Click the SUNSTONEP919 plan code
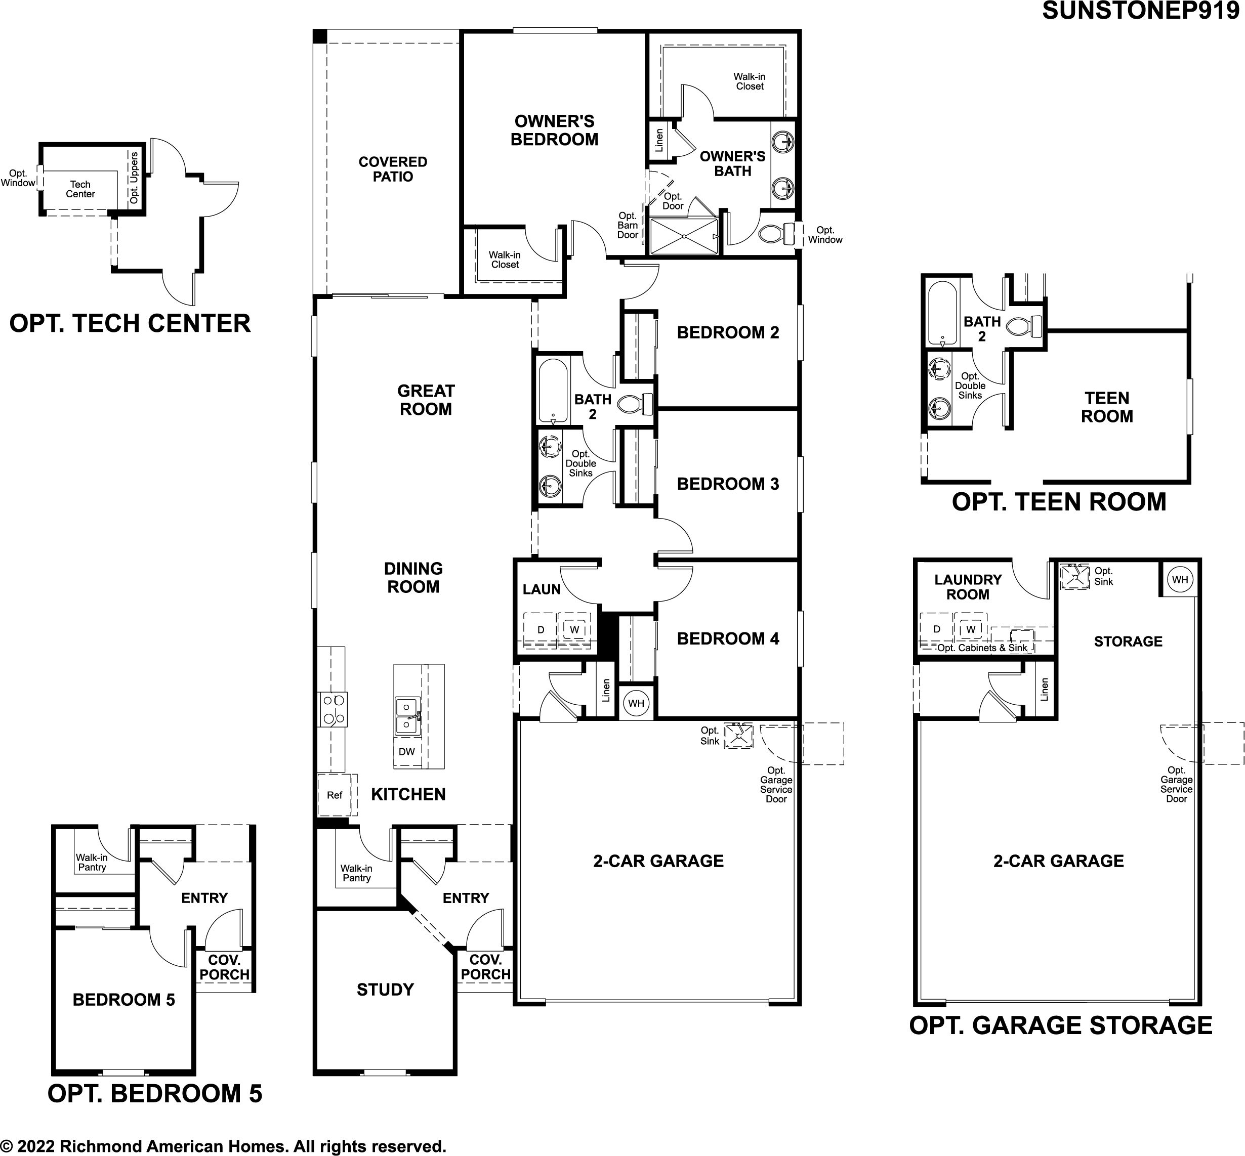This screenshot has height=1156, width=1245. point(1140,11)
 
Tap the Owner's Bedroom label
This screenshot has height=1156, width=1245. point(554,130)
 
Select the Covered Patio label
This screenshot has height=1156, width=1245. point(393,169)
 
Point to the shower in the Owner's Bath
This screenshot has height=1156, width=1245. point(684,236)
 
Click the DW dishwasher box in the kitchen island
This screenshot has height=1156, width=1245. point(407,751)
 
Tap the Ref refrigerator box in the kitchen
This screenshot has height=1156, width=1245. point(335,795)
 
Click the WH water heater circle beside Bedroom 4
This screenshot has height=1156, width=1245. point(636,703)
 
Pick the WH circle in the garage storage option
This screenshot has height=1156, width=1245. point(1180,579)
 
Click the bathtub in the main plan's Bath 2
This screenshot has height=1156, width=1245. point(553,391)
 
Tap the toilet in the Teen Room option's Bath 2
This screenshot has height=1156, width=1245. point(1025,325)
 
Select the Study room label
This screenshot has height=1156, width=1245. point(385,989)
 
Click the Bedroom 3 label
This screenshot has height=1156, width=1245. point(728,484)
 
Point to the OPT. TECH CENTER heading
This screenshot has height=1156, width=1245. point(130,323)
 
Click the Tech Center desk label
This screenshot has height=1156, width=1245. point(80,189)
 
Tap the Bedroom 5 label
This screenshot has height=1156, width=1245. point(124,999)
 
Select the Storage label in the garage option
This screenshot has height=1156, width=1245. point(1128,641)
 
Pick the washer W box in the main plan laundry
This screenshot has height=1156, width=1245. point(574,629)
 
